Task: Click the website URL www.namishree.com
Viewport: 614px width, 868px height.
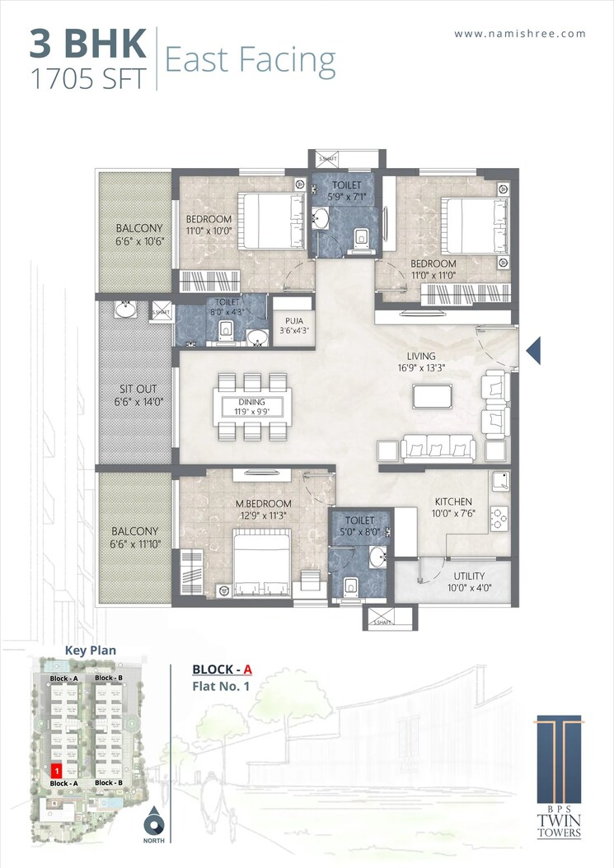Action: click(520, 34)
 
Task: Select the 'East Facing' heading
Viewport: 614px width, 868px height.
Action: click(251, 60)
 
